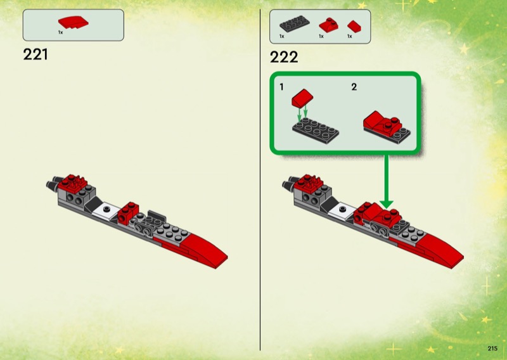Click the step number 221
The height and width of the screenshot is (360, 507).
pos(35,55)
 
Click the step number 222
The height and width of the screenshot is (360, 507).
pos(284,57)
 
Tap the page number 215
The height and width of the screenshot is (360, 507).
pos(492,349)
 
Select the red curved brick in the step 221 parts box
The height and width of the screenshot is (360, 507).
pos(73,22)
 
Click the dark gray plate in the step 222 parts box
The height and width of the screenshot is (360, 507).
pos(294,24)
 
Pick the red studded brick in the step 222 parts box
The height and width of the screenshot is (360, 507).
pos(328,25)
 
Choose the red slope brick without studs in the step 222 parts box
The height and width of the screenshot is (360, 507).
pos(354,27)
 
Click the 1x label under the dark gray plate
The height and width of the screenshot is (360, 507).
pos(282,36)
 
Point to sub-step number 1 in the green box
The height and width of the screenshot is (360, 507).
pos(281,87)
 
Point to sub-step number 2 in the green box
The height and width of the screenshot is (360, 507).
pos(354,87)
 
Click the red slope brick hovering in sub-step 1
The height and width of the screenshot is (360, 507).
pos(302,98)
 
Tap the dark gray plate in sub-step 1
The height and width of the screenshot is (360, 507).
pos(316,131)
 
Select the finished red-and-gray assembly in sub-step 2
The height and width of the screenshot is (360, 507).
pos(387,127)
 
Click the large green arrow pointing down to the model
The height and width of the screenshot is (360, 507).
pos(387,181)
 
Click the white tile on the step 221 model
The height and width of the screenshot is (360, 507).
pos(106,211)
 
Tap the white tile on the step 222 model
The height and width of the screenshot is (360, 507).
pos(342,211)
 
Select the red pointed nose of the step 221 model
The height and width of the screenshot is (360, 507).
pos(200,249)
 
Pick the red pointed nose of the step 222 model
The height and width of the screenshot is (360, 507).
pos(437,249)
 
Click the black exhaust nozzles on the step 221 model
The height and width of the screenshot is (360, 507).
pos(53,183)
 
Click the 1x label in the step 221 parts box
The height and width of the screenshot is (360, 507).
pos(60,32)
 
